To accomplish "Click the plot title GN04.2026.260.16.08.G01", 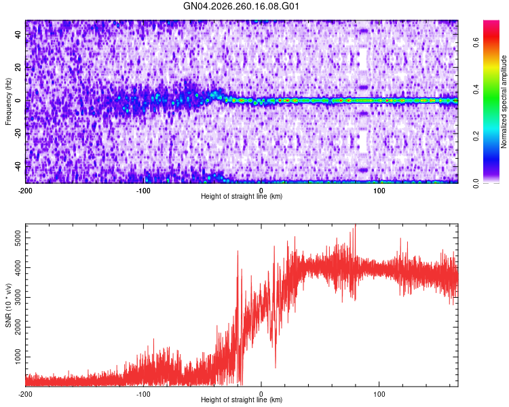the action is pos(241,6).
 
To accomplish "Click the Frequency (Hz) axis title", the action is pos(8,102).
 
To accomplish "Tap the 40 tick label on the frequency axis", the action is pos(18,35).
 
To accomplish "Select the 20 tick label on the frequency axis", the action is pos(18,68).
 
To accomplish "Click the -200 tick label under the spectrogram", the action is pos(24,191).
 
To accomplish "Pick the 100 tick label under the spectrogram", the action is pos(379,191).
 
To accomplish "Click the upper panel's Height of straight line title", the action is pos(242,196).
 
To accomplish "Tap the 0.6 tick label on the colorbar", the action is pos(476,42).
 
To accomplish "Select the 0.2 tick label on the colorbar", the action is pos(476,136).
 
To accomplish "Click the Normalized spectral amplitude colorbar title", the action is pos(504,102).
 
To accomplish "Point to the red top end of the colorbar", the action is pos(491,22).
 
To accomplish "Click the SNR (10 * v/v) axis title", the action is pos(8,305).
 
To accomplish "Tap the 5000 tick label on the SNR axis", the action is pos(18,238).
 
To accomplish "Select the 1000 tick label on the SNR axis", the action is pos(18,357).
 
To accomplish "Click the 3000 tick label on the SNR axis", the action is pos(18,297).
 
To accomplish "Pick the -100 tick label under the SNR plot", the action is pos(143,394).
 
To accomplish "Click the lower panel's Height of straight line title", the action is pos(242,400).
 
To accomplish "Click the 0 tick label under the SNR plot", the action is pos(261,394).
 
